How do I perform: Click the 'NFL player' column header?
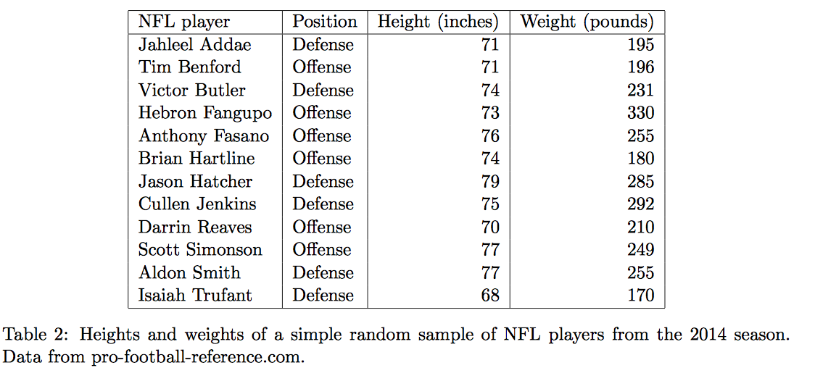click(x=184, y=22)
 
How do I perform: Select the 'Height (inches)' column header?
click(x=438, y=22)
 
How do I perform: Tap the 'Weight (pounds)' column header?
click(x=587, y=22)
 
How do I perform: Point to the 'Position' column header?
click(x=324, y=22)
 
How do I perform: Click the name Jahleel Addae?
click(x=195, y=45)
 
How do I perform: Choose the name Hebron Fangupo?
click(x=205, y=113)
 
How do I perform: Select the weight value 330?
click(x=641, y=113)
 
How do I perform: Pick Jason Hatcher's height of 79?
click(x=490, y=182)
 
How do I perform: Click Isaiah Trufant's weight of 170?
click(x=641, y=296)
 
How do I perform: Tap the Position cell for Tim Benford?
click(x=321, y=67)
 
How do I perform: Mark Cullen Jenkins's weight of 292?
click(x=641, y=204)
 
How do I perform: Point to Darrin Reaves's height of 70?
click(x=490, y=227)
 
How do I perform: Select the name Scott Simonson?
click(x=200, y=250)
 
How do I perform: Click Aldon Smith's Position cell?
click(x=323, y=273)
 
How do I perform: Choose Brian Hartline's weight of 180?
click(x=641, y=159)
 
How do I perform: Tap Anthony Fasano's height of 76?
click(x=490, y=136)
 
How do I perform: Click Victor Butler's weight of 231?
click(x=641, y=91)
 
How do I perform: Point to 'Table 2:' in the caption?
click(x=36, y=335)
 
